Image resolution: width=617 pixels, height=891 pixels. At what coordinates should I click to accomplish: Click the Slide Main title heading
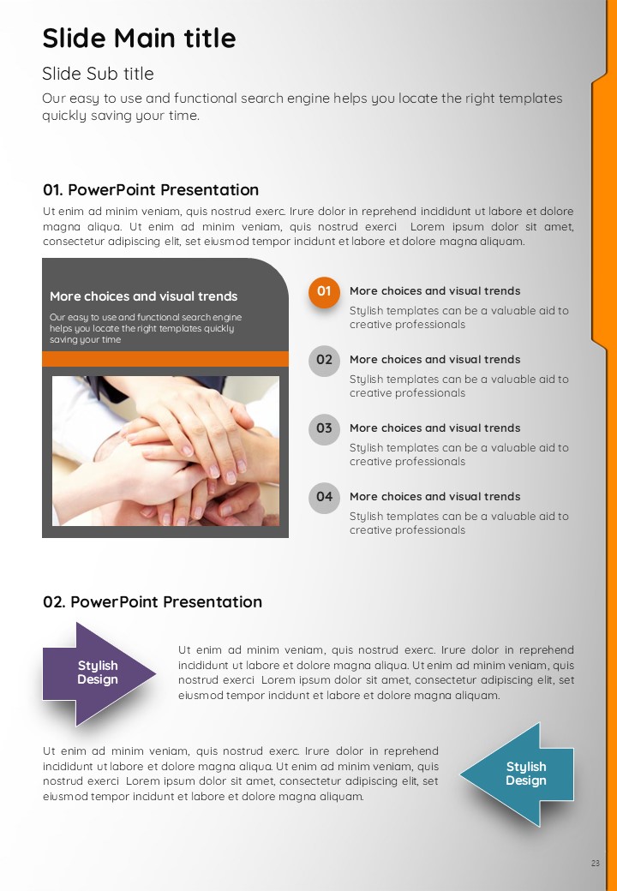click(139, 39)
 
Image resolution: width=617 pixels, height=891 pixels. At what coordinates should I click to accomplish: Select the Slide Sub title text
click(98, 74)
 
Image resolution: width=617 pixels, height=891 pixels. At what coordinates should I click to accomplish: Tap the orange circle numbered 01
click(324, 292)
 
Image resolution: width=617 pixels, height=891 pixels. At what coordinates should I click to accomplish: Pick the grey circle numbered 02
click(324, 361)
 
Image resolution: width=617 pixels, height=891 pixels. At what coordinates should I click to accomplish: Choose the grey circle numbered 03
click(324, 429)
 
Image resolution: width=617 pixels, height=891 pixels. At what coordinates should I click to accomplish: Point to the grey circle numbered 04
click(324, 497)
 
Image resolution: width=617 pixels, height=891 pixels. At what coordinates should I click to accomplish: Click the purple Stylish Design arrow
click(99, 674)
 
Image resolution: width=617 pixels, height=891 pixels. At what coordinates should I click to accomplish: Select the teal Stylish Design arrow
click(518, 774)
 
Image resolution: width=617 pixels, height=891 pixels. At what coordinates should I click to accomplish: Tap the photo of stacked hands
click(165, 451)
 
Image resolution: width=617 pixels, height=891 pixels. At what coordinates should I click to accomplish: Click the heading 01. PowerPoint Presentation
click(151, 190)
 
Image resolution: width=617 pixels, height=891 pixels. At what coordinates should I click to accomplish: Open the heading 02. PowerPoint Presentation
click(153, 601)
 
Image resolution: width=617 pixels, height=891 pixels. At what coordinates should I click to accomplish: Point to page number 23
click(595, 864)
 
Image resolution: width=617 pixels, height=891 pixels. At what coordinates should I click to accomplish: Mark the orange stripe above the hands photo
click(165, 359)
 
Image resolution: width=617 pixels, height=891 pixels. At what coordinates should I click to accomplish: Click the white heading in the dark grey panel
click(143, 296)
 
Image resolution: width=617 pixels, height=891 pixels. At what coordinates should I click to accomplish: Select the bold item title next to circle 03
click(434, 428)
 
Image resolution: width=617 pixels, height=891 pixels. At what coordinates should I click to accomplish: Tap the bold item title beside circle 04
click(434, 496)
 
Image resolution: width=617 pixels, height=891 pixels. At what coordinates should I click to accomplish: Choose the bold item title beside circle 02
click(434, 359)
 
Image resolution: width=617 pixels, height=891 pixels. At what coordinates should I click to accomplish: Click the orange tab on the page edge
click(604, 210)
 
